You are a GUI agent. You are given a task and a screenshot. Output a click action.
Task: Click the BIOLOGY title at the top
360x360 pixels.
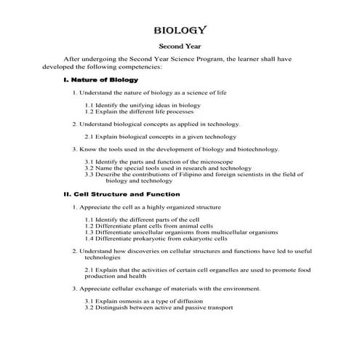(x=180, y=31)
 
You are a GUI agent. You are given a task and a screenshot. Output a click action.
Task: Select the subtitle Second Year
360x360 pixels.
(x=179, y=47)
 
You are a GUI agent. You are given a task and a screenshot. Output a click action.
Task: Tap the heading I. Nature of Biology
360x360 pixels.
(x=101, y=79)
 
